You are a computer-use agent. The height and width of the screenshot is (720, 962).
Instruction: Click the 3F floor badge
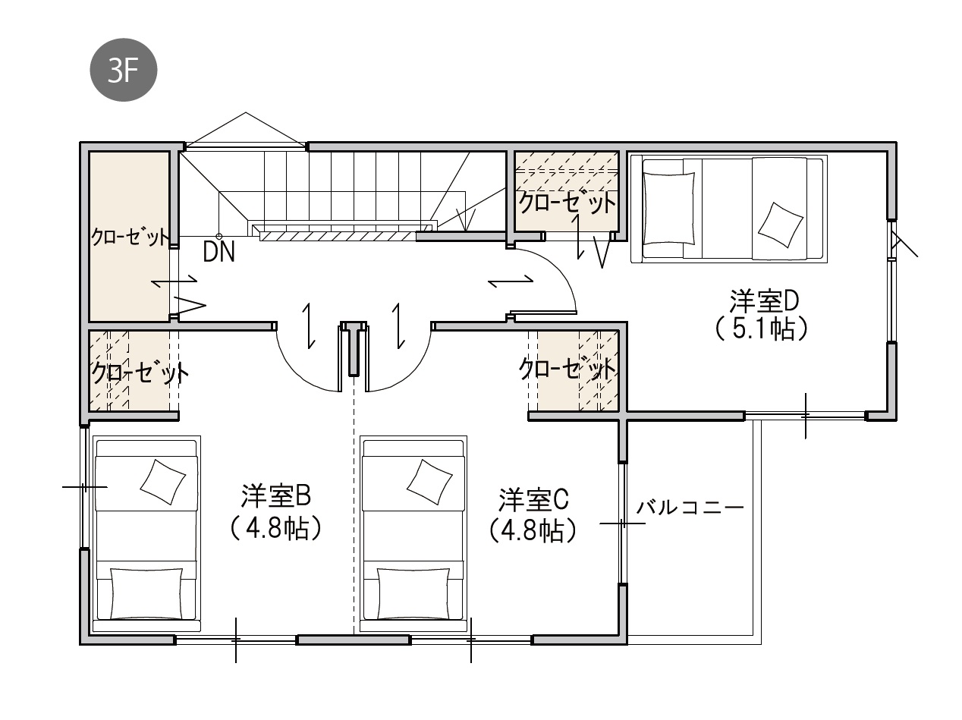(124, 70)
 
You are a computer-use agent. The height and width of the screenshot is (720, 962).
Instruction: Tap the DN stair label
(219, 252)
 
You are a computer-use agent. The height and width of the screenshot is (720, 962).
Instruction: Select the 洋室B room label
(276, 495)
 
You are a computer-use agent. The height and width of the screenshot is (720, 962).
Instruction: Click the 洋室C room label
(533, 500)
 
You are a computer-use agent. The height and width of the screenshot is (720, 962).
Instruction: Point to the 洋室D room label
(764, 300)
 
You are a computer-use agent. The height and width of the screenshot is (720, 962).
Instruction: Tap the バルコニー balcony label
(690, 508)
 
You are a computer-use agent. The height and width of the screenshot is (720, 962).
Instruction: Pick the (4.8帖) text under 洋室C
(533, 532)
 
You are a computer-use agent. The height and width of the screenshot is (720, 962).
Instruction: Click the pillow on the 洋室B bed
(146, 593)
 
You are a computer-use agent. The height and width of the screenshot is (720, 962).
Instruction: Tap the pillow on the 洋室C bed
(413, 593)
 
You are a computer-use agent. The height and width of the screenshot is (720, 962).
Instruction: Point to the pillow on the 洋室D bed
(669, 208)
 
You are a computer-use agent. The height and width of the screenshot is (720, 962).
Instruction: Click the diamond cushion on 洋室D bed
(781, 224)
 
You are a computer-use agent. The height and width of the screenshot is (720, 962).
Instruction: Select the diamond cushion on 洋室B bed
(162, 482)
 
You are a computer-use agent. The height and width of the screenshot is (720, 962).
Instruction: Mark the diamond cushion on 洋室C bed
(429, 482)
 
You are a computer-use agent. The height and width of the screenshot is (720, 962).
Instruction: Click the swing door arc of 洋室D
(558, 269)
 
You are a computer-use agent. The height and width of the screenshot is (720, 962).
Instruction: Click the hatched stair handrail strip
(338, 236)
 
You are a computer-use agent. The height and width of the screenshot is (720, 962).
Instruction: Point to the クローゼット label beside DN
(130, 237)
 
